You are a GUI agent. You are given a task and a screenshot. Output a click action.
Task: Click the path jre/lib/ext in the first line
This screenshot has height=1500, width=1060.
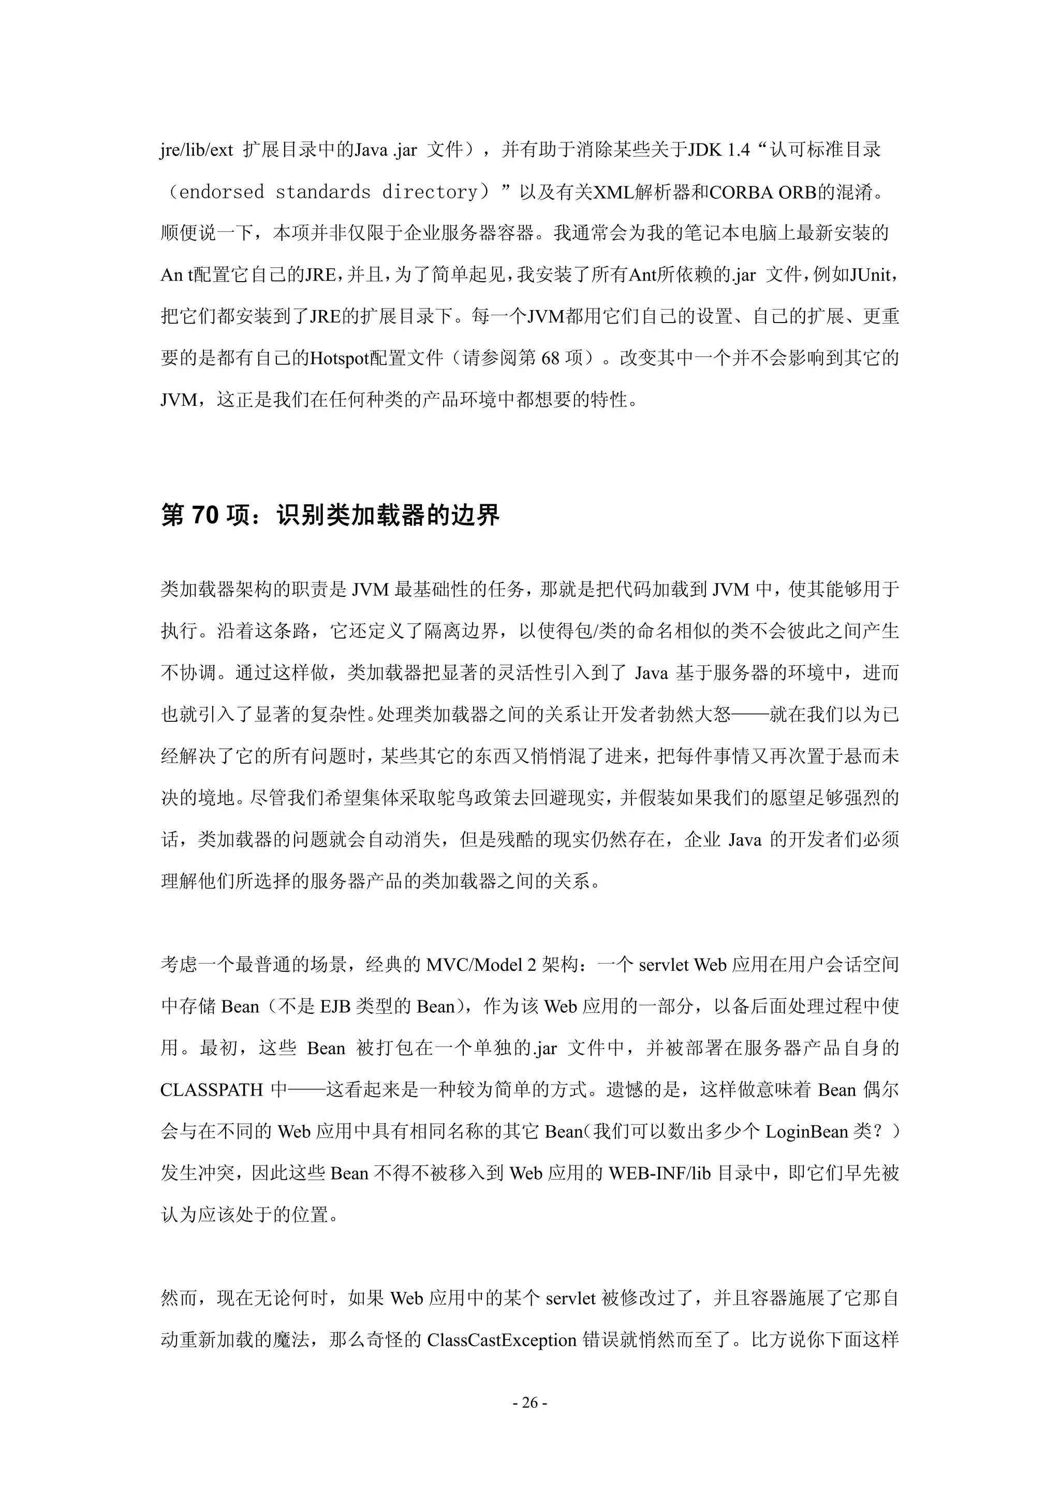click(197, 150)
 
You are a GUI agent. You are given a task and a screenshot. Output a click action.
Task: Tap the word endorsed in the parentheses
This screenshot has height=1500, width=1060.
click(222, 192)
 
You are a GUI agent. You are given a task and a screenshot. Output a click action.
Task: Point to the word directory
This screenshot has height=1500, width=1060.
click(430, 192)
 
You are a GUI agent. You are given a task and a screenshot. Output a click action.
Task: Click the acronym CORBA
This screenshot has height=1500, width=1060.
click(741, 192)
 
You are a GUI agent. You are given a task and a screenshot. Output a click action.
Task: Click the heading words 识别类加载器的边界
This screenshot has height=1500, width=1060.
click(388, 516)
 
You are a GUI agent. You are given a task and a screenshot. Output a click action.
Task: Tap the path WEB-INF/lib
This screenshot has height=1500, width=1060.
click(659, 1174)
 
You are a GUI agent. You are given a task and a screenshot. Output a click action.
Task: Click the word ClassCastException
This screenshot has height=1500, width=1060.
click(502, 1341)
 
